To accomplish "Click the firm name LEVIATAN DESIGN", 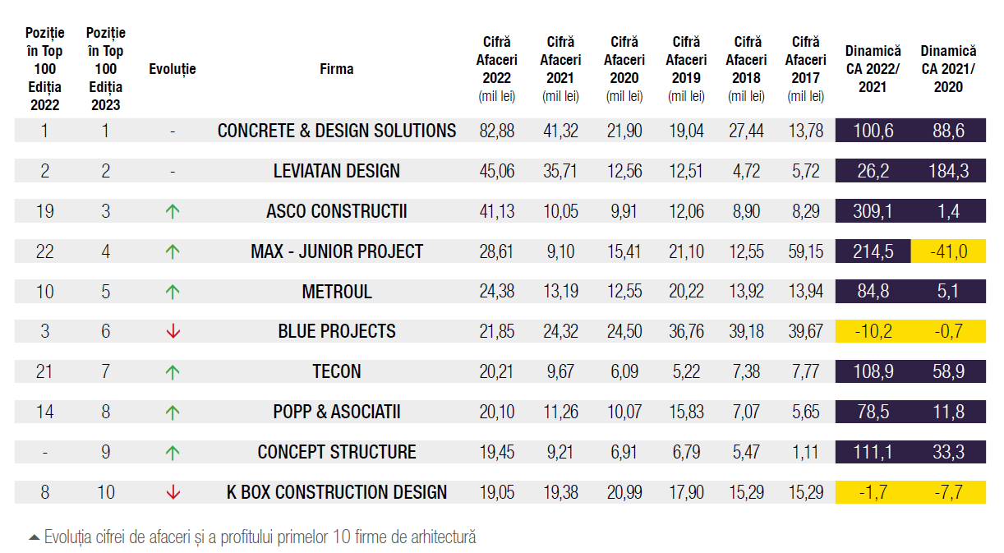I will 337,171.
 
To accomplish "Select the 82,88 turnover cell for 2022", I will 497,131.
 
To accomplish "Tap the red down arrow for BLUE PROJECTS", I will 173,331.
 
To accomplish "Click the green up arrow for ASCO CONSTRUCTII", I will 173,211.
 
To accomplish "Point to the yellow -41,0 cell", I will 948,251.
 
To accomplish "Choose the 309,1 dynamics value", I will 873,211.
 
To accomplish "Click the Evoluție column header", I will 173,69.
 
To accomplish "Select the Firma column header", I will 337,69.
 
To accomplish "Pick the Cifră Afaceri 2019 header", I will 686,68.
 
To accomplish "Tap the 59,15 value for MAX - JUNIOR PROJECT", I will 805,251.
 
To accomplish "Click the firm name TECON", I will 337,371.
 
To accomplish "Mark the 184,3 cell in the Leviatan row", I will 948,171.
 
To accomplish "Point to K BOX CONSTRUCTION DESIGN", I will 337,492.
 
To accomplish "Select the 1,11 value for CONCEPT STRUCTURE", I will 805,452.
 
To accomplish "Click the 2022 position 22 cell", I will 44,251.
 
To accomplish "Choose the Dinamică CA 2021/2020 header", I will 948,69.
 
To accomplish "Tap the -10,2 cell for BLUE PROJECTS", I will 873,331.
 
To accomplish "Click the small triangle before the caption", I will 34,538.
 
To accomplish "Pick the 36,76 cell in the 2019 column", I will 686,331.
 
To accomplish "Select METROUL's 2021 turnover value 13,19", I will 560,292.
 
